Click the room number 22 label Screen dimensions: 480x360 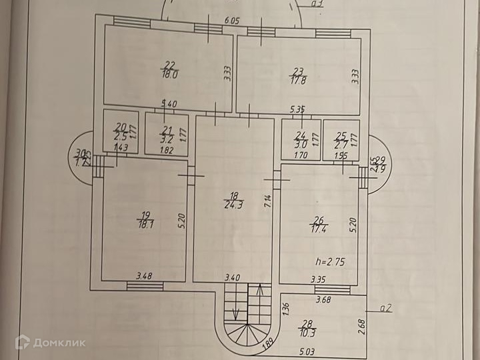point(170,65)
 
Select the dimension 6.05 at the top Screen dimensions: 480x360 point(232,21)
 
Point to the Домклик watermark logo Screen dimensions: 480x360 point(50,342)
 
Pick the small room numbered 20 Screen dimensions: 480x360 point(121,131)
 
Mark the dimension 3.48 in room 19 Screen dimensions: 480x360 point(144,275)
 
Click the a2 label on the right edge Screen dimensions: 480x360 point(385,309)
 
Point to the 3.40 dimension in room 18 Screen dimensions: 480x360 point(232,276)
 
